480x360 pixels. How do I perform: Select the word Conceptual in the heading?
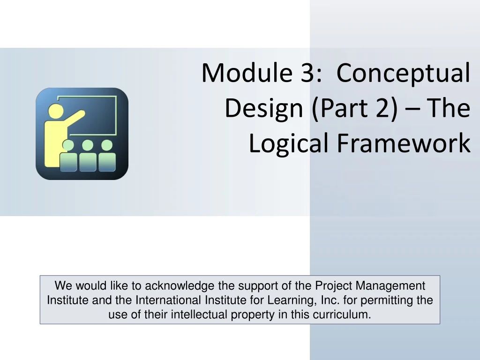pos(403,74)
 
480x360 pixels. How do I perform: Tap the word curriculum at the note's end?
pos(345,314)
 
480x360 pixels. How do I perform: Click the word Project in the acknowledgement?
pos(334,286)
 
